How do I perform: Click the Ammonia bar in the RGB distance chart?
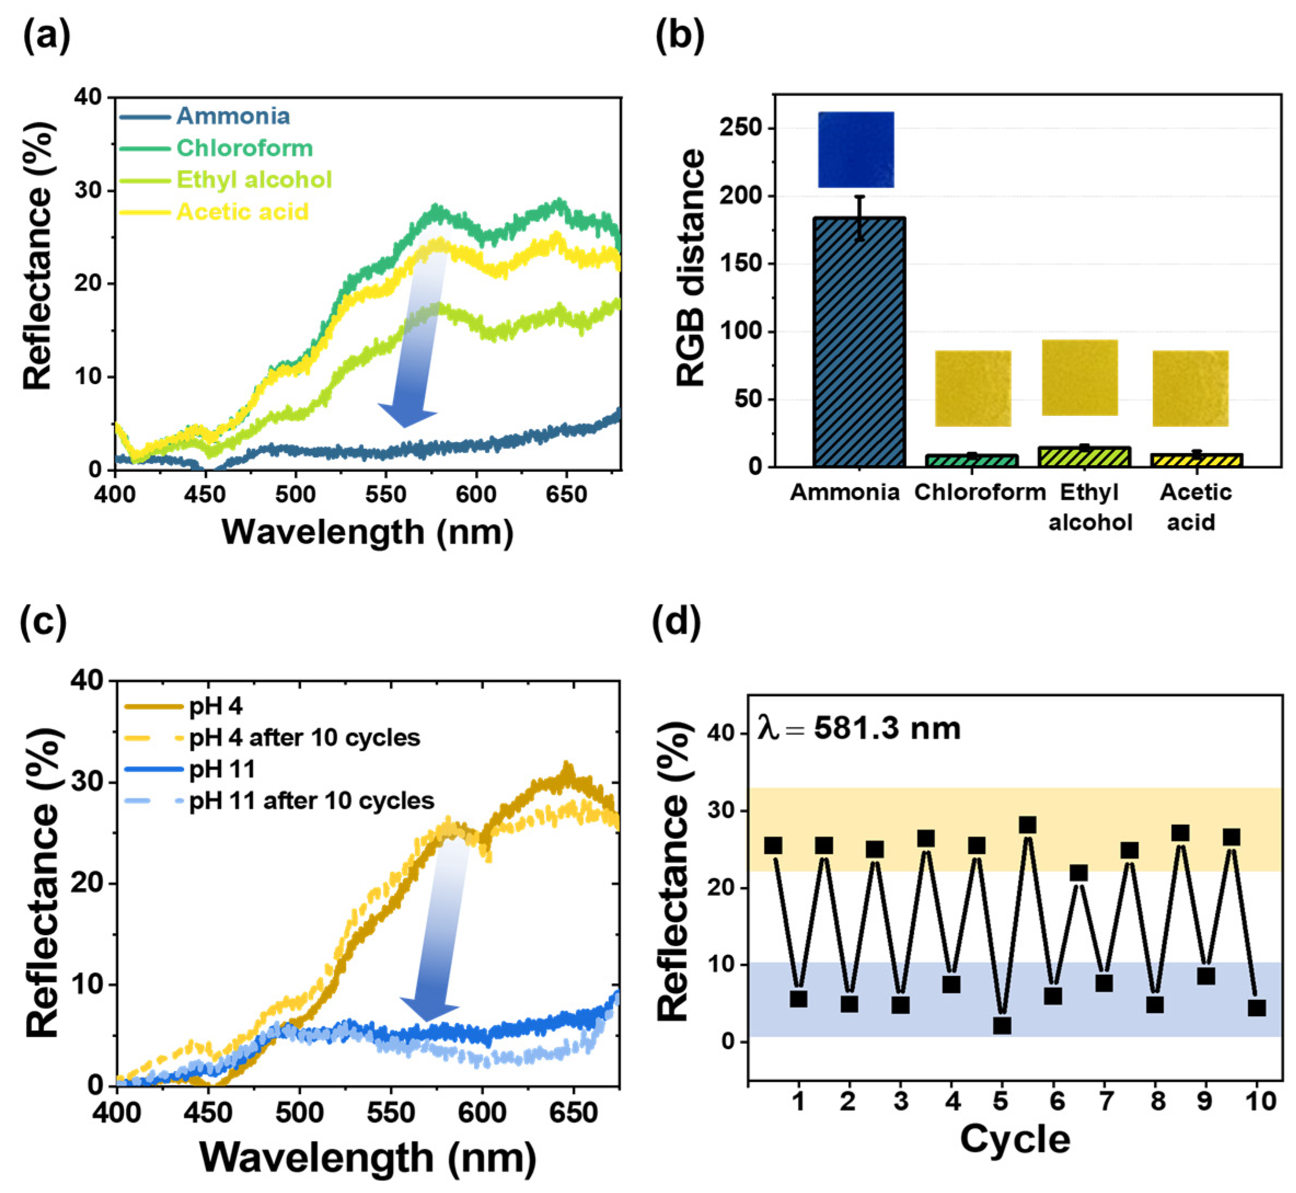(859, 342)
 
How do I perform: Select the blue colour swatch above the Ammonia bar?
(857, 150)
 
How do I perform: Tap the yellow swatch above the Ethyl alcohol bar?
(1080, 378)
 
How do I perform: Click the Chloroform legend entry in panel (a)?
(216, 148)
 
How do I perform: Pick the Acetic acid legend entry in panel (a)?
(215, 212)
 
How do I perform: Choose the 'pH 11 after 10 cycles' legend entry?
(279, 801)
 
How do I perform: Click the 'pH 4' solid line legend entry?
(183, 707)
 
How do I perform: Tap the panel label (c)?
(43, 624)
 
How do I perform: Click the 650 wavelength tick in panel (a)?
(566, 495)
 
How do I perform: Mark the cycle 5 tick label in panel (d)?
(1001, 1101)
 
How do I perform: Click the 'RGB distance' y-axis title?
(690, 268)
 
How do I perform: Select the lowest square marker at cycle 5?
(1002, 1025)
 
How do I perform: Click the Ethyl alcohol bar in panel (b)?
(1084, 456)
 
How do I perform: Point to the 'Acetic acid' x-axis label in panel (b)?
(1195, 507)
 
